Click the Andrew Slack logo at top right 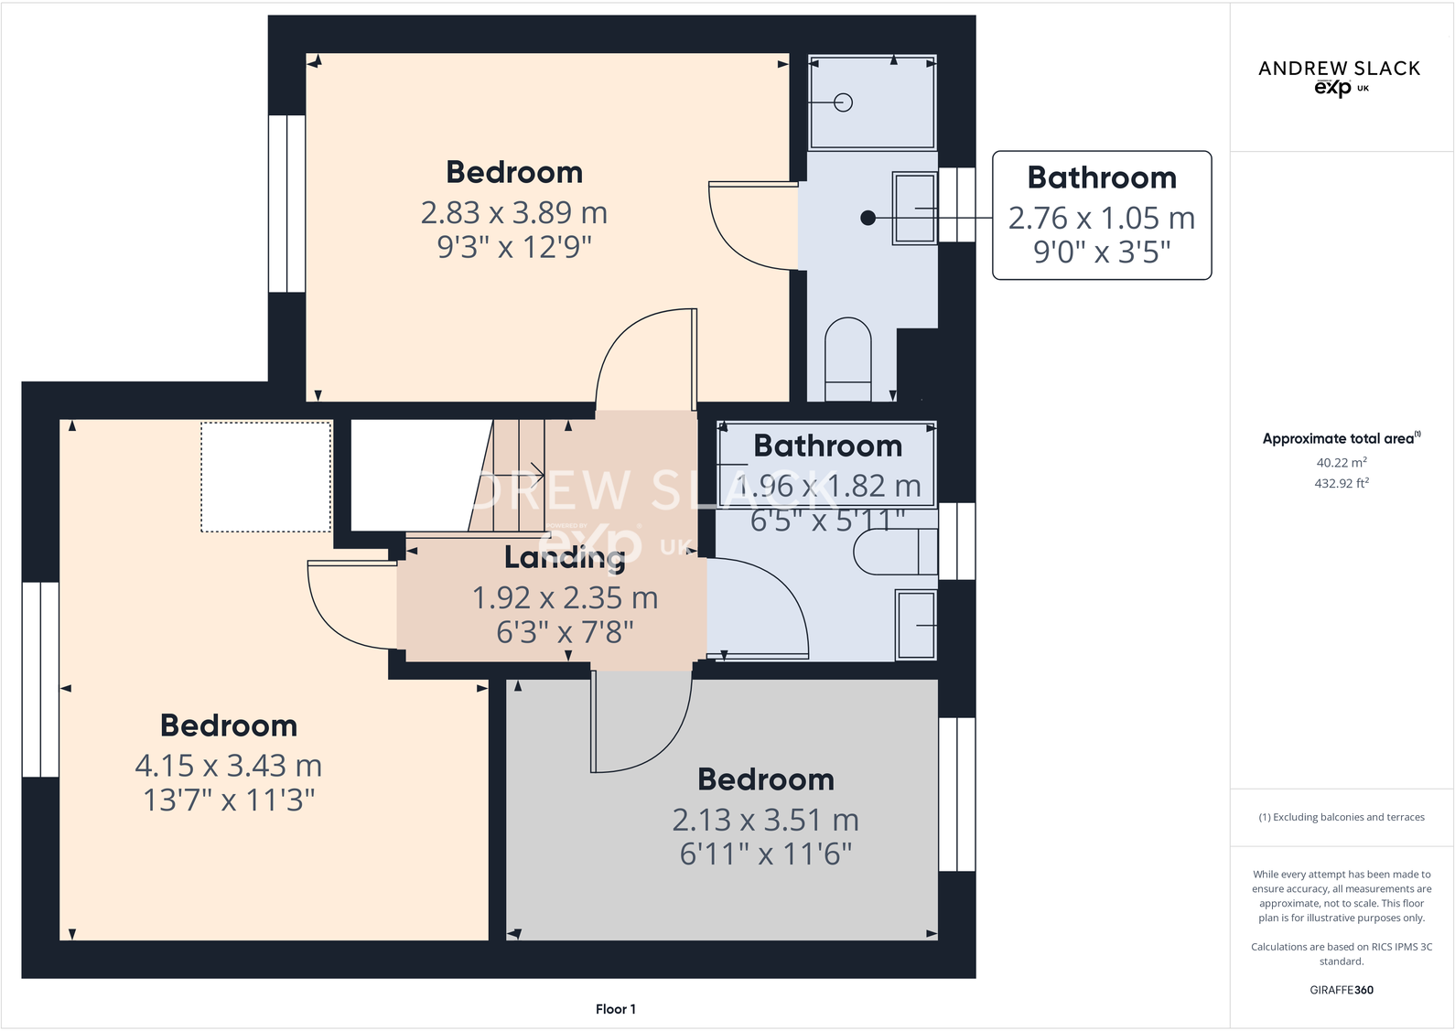1339,77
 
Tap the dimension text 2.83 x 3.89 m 513,213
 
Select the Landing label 564,557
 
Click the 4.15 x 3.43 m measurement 228,766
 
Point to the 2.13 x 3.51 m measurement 765,821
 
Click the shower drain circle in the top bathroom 844,102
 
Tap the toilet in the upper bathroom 848,359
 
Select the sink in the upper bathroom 914,209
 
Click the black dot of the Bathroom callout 868,218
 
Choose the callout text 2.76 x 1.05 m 1101,219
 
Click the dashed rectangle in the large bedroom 266,477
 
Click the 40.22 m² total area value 1341,463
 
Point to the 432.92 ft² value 1341,483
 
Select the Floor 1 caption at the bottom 615,1009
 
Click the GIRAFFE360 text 1341,990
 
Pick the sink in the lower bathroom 916,626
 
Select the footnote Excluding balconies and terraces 1341,817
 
